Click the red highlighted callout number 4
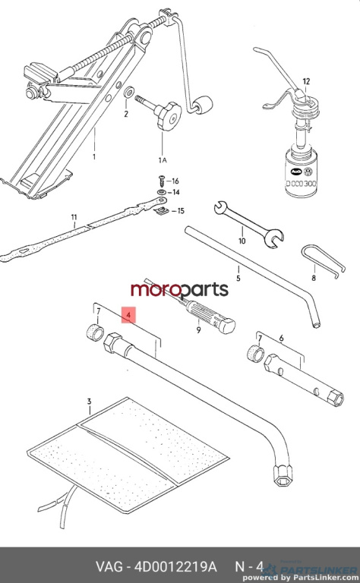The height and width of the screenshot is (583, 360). [128, 315]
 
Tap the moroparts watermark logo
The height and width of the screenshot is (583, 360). [179, 290]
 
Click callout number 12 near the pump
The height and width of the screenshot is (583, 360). [306, 81]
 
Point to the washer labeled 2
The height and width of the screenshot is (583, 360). [129, 92]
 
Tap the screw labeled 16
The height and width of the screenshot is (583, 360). [162, 181]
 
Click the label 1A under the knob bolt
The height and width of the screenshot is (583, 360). [163, 160]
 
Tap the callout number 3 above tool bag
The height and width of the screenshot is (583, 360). [90, 402]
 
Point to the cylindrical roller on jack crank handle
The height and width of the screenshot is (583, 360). [202, 106]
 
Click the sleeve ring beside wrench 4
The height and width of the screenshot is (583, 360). [94, 332]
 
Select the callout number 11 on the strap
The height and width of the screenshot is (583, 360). [74, 217]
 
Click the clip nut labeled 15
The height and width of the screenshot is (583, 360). [162, 211]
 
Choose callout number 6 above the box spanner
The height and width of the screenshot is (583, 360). [282, 339]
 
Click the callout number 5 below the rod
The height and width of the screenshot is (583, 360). [238, 278]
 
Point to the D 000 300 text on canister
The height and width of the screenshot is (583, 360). [302, 184]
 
